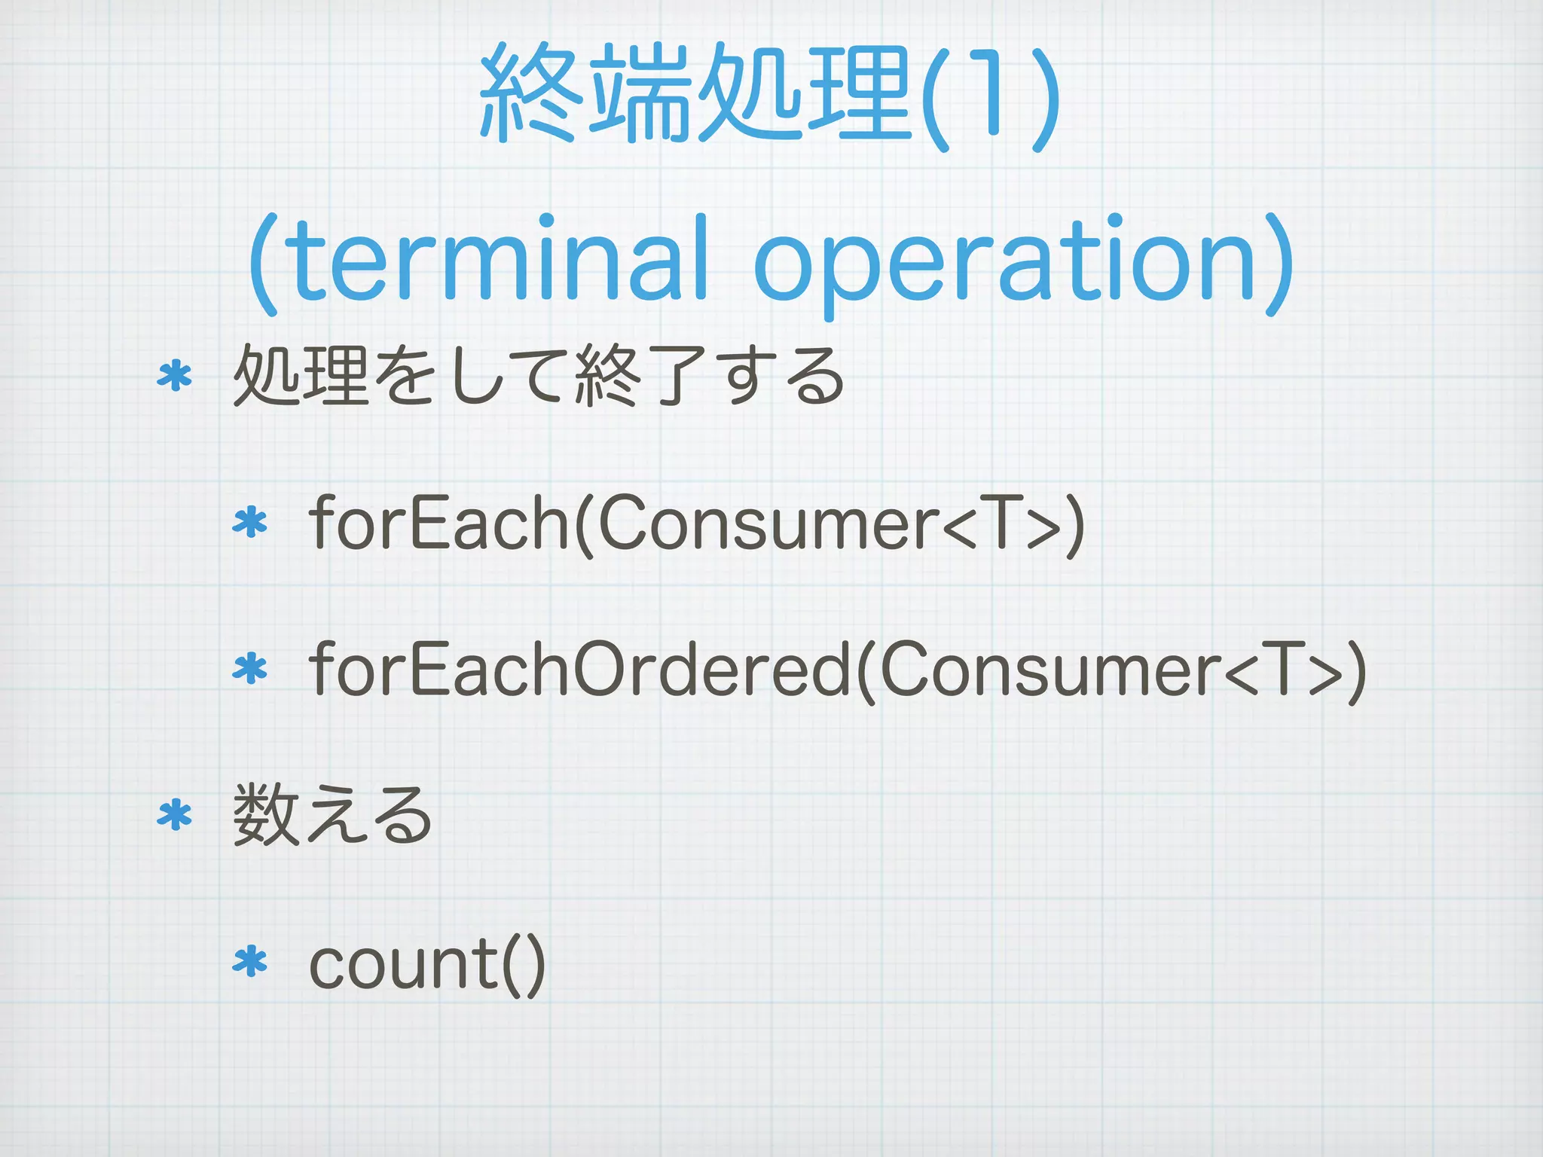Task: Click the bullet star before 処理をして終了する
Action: [x=175, y=376]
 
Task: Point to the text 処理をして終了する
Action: [x=539, y=376]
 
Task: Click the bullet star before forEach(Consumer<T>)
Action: [x=250, y=523]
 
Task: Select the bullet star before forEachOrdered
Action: [x=250, y=669]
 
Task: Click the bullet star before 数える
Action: [x=175, y=816]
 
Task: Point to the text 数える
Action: [x=332, y=816]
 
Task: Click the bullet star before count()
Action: [x=250, y=962]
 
